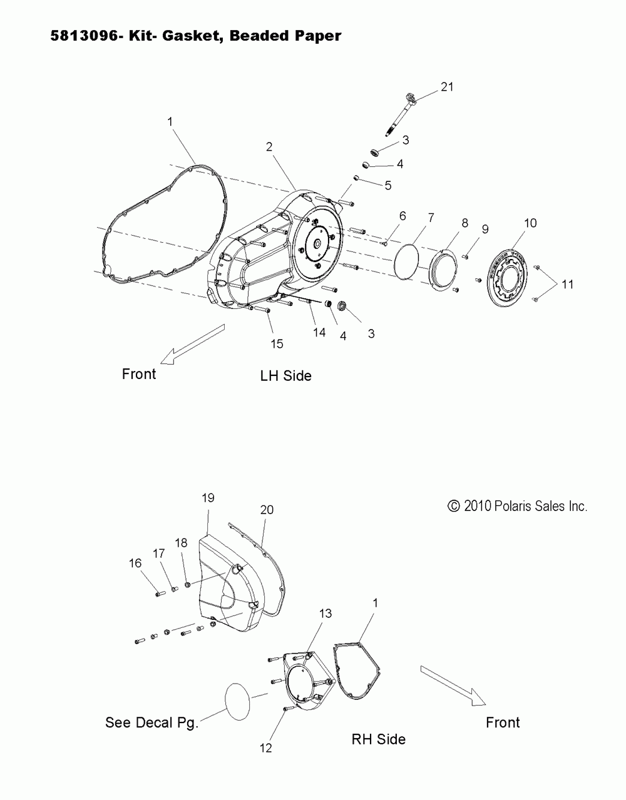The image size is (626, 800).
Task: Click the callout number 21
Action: pos(446,87)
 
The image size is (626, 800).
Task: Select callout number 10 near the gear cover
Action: pos(530,223)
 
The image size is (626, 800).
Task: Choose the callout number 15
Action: pos(276,343)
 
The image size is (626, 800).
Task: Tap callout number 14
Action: pos(319,332)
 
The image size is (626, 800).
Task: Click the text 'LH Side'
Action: pos(285,375)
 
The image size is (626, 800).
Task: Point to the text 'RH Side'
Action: pos(378,739)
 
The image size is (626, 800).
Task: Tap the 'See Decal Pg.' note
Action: pos(151,722)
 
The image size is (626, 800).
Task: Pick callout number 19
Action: pos(208,497)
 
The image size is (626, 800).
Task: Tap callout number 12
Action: pos(266,747)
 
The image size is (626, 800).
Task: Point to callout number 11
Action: pos(567,284)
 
